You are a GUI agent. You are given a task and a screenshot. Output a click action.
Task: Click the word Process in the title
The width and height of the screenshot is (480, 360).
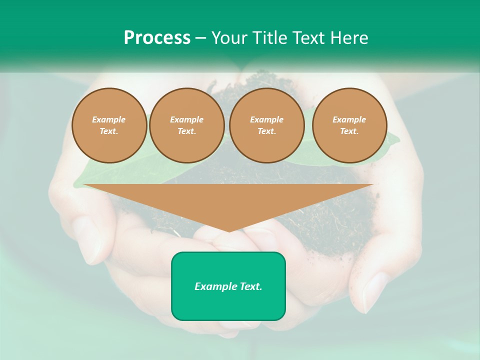(157, 38)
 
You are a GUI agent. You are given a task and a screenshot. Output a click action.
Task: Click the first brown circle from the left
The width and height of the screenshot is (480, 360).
(109, 125)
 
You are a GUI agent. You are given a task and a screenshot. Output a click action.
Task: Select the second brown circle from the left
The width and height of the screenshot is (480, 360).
(187, 125)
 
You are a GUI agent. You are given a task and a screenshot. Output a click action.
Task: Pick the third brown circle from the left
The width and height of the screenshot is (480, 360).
(267, 125)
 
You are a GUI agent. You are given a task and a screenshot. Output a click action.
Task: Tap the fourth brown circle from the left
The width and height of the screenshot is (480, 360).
(349, 125)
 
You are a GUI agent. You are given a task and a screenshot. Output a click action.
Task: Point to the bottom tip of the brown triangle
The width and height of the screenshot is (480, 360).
(229, 231)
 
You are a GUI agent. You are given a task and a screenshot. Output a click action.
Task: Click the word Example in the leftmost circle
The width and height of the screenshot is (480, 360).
(109, 119)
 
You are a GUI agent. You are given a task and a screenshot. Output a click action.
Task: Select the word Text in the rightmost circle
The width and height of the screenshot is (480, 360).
(349, 131)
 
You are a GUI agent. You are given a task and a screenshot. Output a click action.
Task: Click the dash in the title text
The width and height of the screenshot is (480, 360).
(201, 38)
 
